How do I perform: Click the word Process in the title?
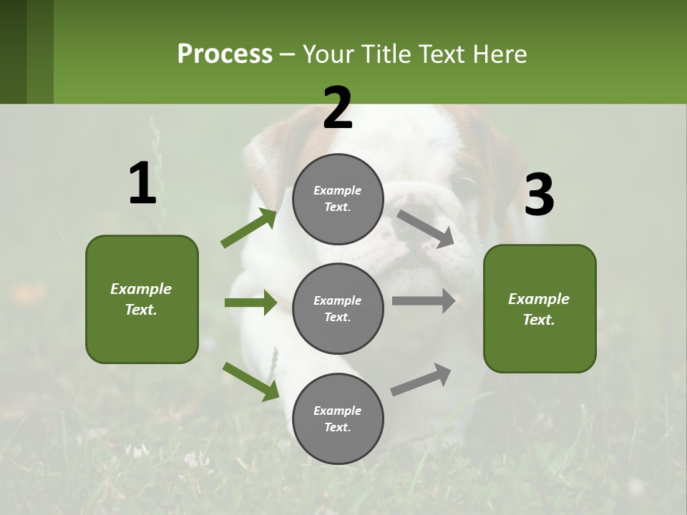click(x=225, y=54)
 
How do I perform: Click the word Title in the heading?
click(x=383, y=54)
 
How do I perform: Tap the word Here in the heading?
click(x=498, y=54)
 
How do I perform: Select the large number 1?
click(x=142, y=183)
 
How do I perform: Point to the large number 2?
click(x=338, y=107)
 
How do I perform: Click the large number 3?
click(x=539, y=195)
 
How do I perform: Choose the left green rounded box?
click(x=142, y=299)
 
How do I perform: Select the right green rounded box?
click(x=540, y=309)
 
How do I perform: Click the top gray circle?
click(x=338, y=199)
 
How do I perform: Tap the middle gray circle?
click(x=338, y=309)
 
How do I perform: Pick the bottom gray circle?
click(x=338, y=419)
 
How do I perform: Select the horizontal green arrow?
click(x=250, y=303)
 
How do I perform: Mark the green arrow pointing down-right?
click(x=251, y=381)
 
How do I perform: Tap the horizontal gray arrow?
click(x=424, y=301)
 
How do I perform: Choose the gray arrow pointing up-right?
click(x=421, y=380)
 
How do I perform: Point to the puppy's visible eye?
click(x=467, y=185)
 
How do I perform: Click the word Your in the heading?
click(x=325, y=54)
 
